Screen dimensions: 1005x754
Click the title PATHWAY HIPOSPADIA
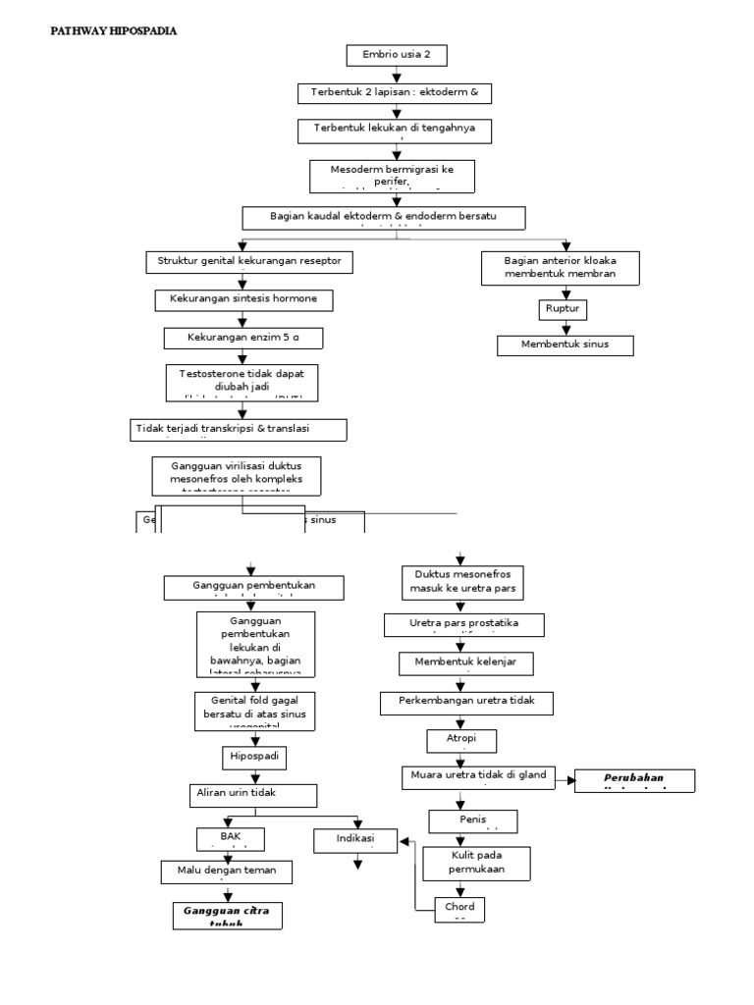113,31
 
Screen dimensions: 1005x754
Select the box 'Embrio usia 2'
397,55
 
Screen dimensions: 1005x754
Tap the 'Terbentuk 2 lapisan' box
394,92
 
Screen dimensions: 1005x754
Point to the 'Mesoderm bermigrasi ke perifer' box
394,174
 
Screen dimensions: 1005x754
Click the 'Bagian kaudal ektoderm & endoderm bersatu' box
384,216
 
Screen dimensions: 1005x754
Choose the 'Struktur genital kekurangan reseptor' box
249,262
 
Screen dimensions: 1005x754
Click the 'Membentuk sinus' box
565,344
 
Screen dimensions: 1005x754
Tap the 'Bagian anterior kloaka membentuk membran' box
561,267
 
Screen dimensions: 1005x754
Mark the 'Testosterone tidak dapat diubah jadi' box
242,381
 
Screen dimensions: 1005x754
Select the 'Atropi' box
462,739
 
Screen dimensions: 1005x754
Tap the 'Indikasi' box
356,841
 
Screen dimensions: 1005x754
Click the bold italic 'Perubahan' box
634,780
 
